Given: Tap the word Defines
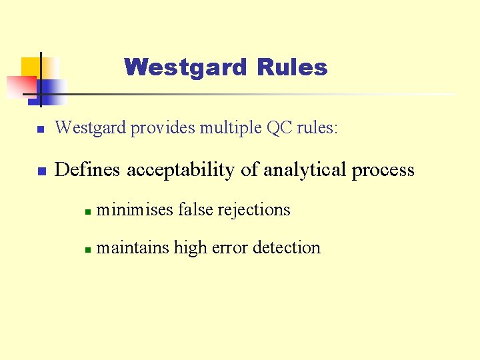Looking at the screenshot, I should tap(88, 170).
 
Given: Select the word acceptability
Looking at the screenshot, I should tap(181, 171).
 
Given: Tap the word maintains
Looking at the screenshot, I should tap(133, 247).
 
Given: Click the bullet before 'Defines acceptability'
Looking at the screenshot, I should tap(41, 171).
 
